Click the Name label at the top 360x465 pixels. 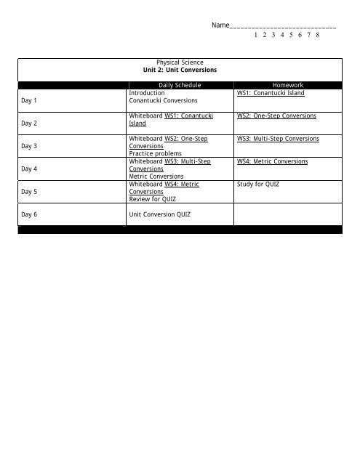pos(220,26)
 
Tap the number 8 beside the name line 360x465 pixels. pos(319,35)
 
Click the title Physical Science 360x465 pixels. pos(180,63)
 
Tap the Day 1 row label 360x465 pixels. pos(30,100)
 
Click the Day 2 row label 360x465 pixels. pos(30,124)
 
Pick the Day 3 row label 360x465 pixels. pos(30,147)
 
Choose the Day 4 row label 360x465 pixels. pos(30,169)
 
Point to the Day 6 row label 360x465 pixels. pos(30,215)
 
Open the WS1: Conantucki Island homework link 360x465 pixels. pos(271,93)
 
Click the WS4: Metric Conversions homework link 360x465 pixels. pos(272,161)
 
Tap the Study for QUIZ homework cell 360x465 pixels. pos(258,185)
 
